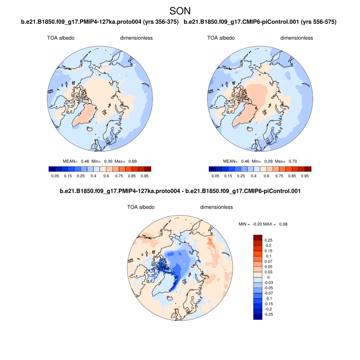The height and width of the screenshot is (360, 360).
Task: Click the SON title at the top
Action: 180,10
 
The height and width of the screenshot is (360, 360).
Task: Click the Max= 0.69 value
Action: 117,161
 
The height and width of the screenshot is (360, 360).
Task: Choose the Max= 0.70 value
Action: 286,161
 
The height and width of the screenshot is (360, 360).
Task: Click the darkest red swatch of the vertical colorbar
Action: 258,237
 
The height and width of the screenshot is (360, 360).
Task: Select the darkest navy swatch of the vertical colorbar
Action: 258,317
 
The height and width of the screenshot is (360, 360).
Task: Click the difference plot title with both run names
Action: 180,191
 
